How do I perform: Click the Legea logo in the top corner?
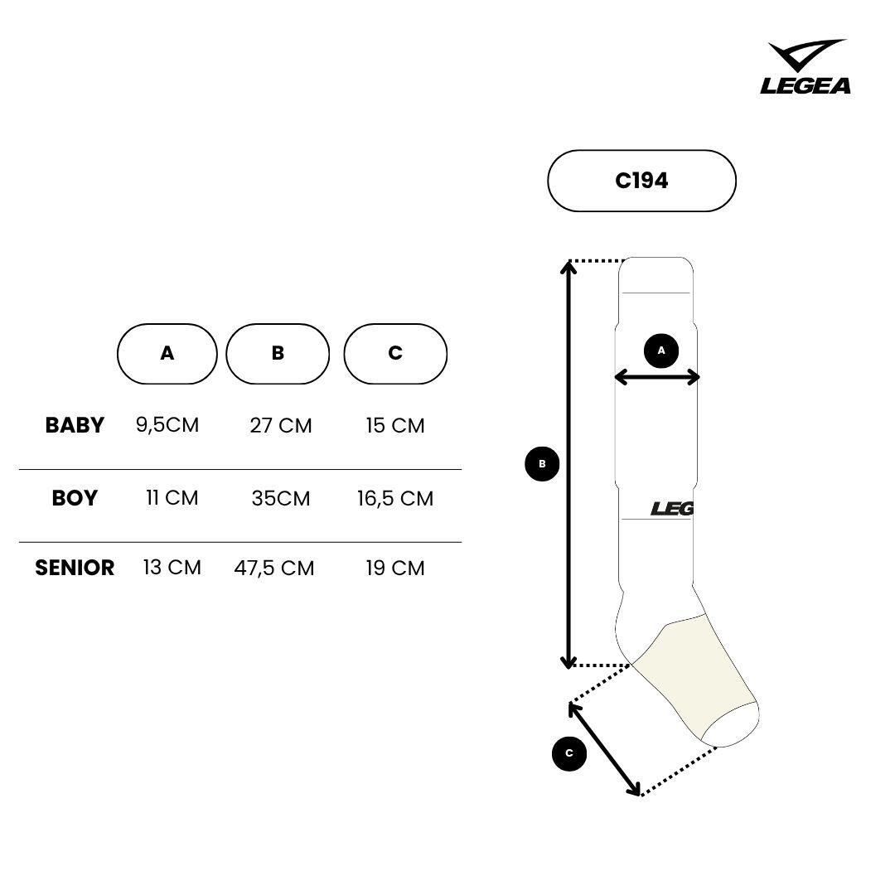tap(805, 66)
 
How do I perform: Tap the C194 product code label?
tap(641, 181)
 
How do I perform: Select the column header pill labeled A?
tap(167, 354)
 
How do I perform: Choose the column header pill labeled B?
tap(278, 354)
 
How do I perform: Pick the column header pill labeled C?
tap(395, 354)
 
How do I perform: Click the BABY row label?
tap(75, 425)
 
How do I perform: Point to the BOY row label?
tap(75, 498)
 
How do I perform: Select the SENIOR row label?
tap(75, 568)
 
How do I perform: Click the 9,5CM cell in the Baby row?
tap(167, 425)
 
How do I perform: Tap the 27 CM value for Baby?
tap(281, 426)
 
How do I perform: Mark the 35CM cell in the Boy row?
tap(281, 498)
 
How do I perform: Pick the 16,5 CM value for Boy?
tap(395, 498)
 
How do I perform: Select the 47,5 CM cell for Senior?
tap(274, 568)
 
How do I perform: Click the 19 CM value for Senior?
tap(395, 568)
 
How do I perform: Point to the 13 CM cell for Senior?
tap(172, 568)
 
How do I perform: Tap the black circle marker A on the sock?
tap(661, 351)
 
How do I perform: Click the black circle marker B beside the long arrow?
tap(542, 463)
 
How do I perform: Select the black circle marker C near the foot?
tap(569, 753)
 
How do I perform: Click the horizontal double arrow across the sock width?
tap(657, 377)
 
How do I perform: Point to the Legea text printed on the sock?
tap(672, 509)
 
